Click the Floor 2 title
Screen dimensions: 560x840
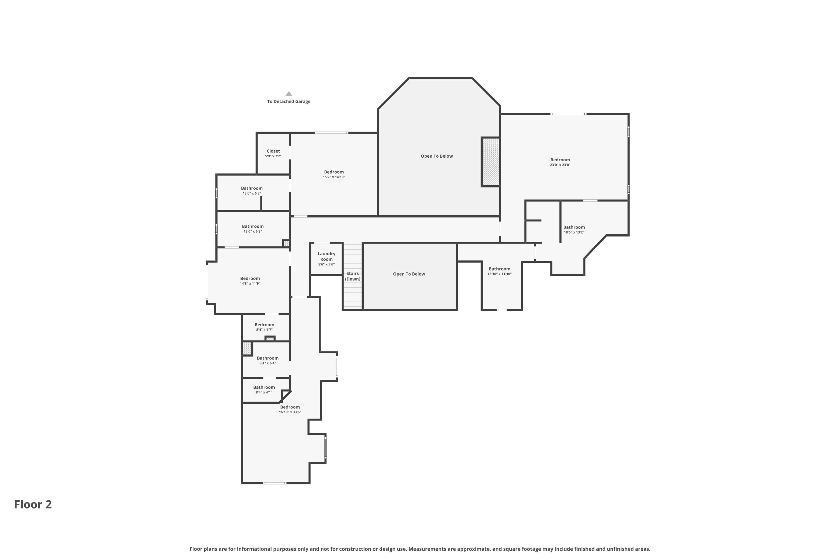[33, 504]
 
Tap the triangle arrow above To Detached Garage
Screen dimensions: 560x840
[289, 94]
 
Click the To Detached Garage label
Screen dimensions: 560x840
[289, 101]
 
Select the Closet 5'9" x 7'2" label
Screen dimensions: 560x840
[273, 153]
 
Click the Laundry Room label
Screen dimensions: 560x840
[326, 256]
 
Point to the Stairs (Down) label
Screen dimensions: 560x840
[353, 276]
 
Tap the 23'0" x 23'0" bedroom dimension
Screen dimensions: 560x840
[560, 165]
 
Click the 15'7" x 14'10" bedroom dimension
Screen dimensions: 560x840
[334, 177]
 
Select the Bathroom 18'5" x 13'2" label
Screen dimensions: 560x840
[574, 229]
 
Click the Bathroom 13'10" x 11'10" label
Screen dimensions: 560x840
[499, 271]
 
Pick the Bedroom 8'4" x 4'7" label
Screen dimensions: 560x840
[264, 327]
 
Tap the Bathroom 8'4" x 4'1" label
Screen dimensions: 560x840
[264, 389]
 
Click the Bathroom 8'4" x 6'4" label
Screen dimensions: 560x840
[267, 360]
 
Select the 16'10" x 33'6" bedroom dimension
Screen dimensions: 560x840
[290, 412]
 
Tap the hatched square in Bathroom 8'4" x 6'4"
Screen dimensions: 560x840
[247, 348]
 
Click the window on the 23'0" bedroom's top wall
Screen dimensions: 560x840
[568, 114]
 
